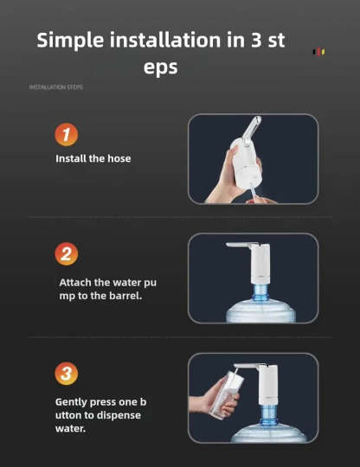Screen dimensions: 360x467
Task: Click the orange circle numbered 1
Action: click(x=67, y=135)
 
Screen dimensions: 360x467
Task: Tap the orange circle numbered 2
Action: click(x=67, y=254)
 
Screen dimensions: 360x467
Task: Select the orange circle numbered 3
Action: click(x=67, y=374)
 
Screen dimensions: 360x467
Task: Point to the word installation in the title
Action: click(x=165, y=40)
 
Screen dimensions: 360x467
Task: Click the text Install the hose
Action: click(x=93, y=158)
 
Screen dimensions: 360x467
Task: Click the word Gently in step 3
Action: click(x=71, y=402)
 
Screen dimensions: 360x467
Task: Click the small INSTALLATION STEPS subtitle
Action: click(x=56, y=87)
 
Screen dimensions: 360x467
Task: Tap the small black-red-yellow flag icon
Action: click(x=318, y=52)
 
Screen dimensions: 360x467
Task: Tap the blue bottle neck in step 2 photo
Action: click(x=260, y=293)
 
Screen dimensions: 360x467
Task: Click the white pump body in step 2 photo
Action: click(x=260, y=264)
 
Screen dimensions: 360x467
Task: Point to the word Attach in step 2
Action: click(x=75, y=282)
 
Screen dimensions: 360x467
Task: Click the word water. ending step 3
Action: click(x=70, y=429)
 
